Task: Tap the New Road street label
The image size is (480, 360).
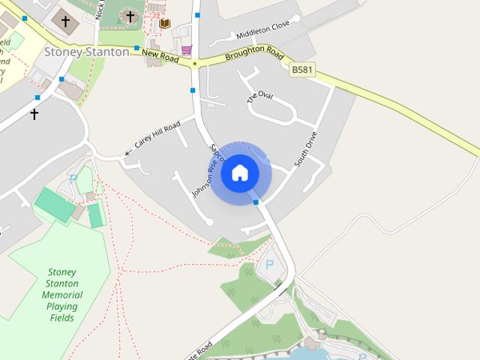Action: click(x=159, y=55)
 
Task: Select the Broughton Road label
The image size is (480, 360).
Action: click(x=253, y=53)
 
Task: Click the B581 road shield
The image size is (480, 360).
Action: click(x=301, y=69)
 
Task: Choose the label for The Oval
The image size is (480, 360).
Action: click(x=260, y=96)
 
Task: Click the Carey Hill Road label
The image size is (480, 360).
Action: click(x=158, y=133)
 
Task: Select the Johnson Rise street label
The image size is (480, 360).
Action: click(x=204, y=175)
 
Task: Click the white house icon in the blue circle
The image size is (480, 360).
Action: click(x=240, y=173)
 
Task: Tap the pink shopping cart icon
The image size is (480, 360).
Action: click(x=186, y=49)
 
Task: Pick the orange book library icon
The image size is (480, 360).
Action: click(x=165, y=23)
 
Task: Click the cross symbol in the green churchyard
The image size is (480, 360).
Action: click(x=130, y=15)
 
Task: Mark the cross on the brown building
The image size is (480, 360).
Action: click(x=64, y=20)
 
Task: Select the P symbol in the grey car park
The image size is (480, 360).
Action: click(x=269, y=265)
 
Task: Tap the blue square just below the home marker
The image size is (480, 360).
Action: click(x=256, y=202)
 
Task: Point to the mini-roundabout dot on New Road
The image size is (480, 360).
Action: click(x=195, y=64)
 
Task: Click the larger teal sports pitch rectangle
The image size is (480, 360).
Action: click(x=55, y=204)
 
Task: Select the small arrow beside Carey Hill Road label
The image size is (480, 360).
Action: click(x=127, y=153)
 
